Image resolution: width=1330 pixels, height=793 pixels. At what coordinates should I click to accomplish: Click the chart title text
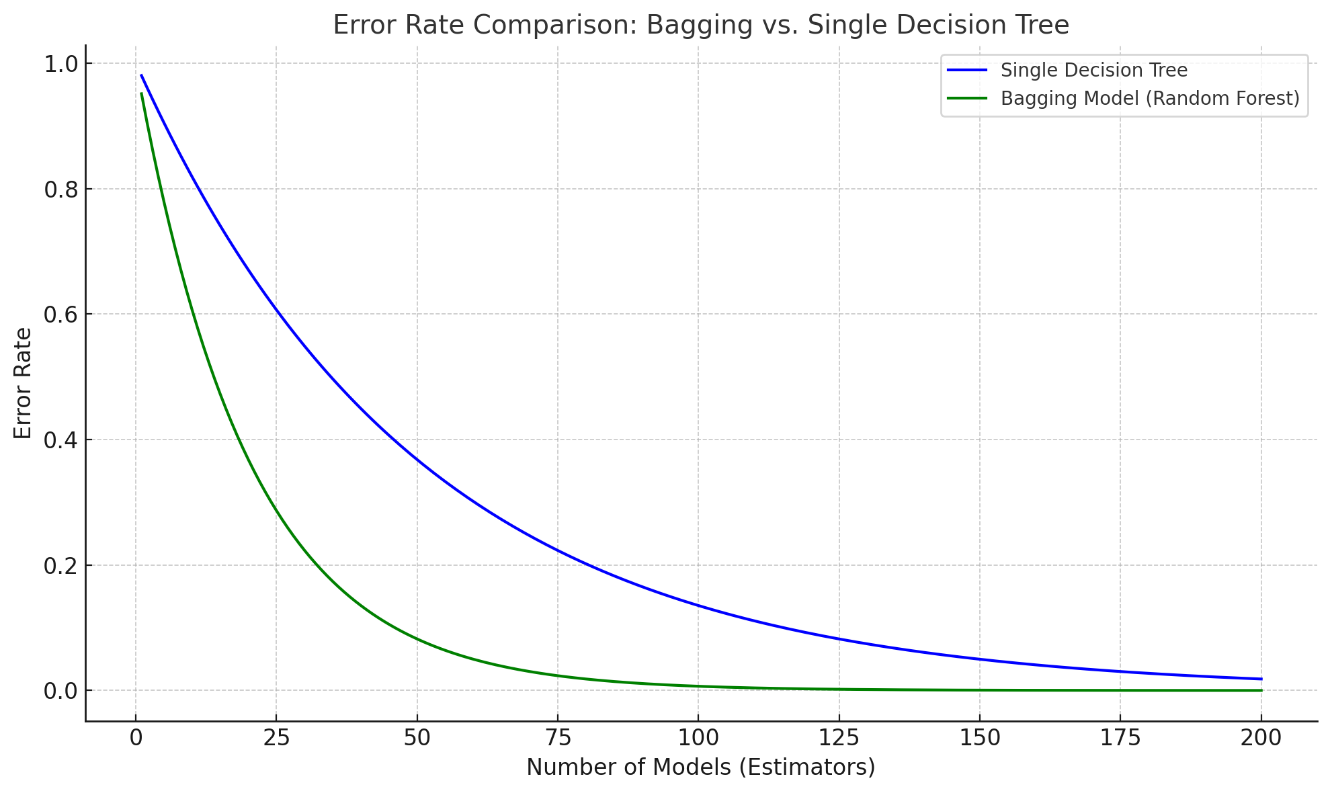click(700, 26)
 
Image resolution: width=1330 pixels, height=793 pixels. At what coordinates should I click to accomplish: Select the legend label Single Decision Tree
click(1093, 71)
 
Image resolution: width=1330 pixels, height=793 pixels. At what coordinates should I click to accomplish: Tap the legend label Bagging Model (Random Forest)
click(1150, 99)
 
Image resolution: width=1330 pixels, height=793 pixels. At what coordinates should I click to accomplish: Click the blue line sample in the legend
click(967, 71)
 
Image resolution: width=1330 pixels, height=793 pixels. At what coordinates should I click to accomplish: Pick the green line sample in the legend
click(967, 99)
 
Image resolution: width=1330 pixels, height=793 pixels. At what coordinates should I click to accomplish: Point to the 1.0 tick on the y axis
click(60, 65)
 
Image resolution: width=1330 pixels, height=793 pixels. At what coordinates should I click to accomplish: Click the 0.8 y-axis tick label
click(60, 190)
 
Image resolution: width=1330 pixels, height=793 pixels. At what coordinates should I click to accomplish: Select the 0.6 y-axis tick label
click(60, 315)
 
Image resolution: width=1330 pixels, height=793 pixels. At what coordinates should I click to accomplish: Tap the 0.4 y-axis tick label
click(60, 441)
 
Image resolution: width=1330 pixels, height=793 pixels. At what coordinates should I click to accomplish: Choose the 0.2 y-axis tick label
click(60, 567)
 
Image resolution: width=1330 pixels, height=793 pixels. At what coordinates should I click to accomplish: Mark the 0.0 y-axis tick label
click(60, 692)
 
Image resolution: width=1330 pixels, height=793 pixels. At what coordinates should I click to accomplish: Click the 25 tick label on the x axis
click(276, 739)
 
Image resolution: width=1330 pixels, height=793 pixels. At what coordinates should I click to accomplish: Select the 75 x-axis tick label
click(557, 739)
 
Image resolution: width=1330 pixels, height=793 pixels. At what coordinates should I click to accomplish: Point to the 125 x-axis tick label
click(839, 739)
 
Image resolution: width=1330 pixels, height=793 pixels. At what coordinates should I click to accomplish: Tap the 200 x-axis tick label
click(1261, 739)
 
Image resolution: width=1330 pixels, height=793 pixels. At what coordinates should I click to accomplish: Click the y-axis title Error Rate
click(23, 383)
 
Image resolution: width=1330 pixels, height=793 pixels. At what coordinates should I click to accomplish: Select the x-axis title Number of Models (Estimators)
click(700, 767)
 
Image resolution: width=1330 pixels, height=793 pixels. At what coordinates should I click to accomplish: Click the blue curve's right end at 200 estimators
click(1261, 679)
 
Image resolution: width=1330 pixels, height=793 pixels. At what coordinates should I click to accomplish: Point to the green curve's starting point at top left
click(141, 93)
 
